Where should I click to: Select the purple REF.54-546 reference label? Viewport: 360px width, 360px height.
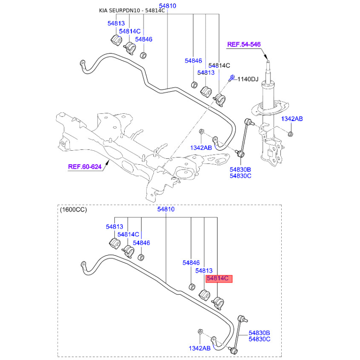[x=244, y=44]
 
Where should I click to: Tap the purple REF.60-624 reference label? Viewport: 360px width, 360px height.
[x=85, y=166]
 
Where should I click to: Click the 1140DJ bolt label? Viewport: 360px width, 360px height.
[x=248, y=79]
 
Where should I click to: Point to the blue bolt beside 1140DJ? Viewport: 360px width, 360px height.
[x=231, y=77]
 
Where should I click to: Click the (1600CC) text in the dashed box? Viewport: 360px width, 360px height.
[x=73, y=210]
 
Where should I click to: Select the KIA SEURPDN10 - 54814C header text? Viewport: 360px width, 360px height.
[x=132, y=10]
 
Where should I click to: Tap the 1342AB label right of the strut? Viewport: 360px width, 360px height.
[x=292, y=119]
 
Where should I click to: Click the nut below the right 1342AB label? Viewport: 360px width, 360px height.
[x=290, y=134]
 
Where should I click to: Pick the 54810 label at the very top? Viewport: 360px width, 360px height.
[x=167, y=6]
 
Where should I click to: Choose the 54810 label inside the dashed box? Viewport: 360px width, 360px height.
[x=166, y=209]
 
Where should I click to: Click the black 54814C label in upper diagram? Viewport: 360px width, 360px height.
[x=219, y=66]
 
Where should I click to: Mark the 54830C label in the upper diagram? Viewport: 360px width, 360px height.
[x=240, y=176]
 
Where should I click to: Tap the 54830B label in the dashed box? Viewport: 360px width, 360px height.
[x=259, y=333]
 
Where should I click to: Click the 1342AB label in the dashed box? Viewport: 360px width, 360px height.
[x=199, y=348]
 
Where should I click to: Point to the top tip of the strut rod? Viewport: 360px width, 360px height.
[x=268, y=61]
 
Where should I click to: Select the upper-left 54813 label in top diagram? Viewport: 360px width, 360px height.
[x=116, y=23]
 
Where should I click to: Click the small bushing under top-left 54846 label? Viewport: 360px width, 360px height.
[x=143, y=55]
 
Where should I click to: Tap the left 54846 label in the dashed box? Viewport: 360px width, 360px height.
[x=141, y=243]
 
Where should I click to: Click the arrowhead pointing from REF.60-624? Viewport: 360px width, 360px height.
[x=108, y=162]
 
